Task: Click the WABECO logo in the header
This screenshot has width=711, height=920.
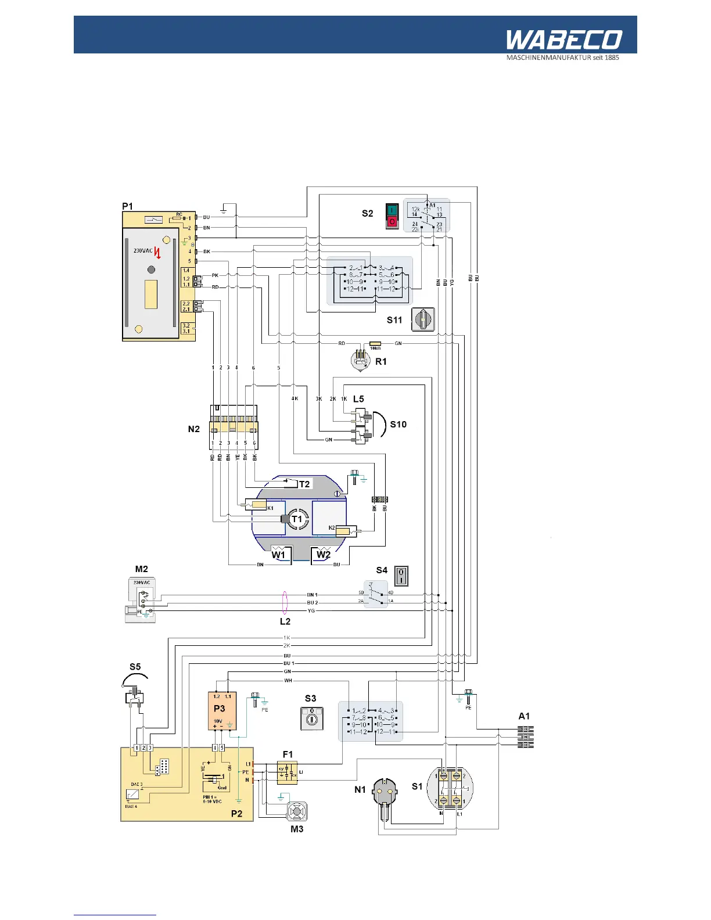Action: (563, 40)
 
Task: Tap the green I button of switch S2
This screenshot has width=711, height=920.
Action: (392, 210)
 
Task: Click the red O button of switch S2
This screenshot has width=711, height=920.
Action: (392, 222)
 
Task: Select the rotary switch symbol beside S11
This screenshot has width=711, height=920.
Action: (423, 319)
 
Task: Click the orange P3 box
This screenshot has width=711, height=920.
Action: (222, 711)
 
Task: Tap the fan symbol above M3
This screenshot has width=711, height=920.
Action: (297, 811)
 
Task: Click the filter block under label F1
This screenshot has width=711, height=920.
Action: (287, 772)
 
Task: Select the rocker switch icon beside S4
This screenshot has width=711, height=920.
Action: (401, 576)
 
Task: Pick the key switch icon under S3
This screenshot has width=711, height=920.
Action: (311, 718)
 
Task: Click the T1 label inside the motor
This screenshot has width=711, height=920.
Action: (297, 519)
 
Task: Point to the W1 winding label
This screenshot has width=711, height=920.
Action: (279, 554)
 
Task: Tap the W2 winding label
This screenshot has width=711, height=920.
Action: (324, 554)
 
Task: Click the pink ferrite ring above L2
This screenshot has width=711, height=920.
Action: (285, 602)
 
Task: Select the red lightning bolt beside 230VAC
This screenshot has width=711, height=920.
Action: (157, 253)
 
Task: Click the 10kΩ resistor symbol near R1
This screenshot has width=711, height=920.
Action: (375, 343)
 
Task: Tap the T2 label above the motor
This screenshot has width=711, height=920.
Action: (304, 484)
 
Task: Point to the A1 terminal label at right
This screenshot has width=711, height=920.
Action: (524, 716)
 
